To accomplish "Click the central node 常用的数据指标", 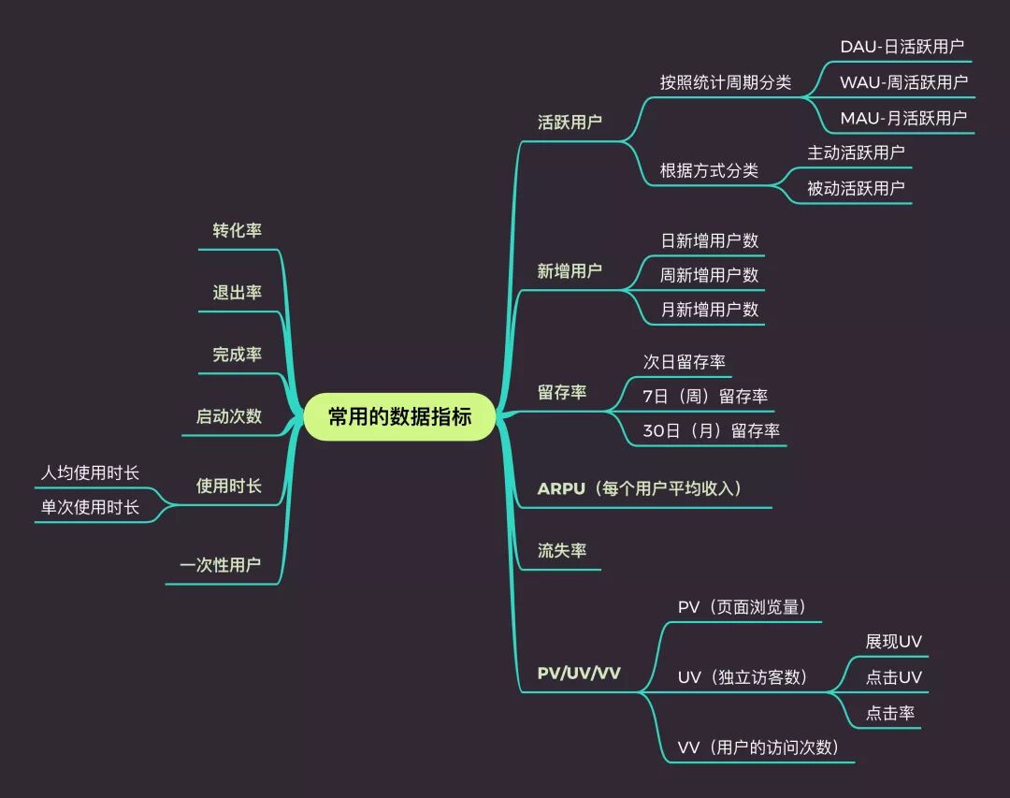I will tap(399, 416).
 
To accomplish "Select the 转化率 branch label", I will tap(237, 230).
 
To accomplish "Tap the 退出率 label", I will tap(237, 292).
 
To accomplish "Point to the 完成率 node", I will tap(237, 355).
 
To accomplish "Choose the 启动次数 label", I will tap(228, 416).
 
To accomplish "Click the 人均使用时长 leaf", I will tap(90, 472).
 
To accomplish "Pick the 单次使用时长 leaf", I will tap(90, 507).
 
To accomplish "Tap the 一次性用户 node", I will tap(220, 565).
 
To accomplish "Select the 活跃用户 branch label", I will tap(570, 122).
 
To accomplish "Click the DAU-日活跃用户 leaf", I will tap(902, 46).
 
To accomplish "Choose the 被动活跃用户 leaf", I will tap(856, 187).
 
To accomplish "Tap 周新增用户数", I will tap(710, 275).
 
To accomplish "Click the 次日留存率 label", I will tap(684, 361).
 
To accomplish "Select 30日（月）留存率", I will tap(711, 430).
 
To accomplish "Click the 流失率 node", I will tap(562, 550).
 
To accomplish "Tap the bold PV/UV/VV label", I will tap(579, 673).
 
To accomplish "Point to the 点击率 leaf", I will tap(889, 713).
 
